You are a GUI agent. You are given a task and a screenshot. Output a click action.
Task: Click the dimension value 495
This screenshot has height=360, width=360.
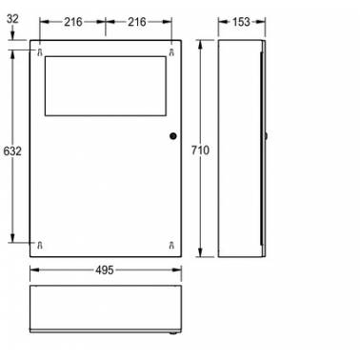[x=104, y=270]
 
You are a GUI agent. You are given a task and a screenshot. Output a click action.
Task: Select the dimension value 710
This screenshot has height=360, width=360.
[x=200, y=150]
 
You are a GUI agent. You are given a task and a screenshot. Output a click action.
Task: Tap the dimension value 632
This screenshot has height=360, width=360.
[x=12, y=151]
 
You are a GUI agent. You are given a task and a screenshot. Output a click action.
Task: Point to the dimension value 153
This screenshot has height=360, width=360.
[x=241, y=22]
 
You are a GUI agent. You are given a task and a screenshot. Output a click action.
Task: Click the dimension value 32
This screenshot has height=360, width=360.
[x=12, y=19]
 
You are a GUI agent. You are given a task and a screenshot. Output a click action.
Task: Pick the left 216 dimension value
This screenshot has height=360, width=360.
[x=73, y=22]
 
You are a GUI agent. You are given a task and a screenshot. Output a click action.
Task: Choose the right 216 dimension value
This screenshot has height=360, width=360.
[x=137, y=22]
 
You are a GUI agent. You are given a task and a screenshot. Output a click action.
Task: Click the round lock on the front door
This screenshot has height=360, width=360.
[x=173, y=136]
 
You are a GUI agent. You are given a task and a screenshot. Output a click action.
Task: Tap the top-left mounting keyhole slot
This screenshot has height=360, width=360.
[x=40, y=52]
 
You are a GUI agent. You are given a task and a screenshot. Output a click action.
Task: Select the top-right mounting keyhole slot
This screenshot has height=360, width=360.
[x=171, y=52]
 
